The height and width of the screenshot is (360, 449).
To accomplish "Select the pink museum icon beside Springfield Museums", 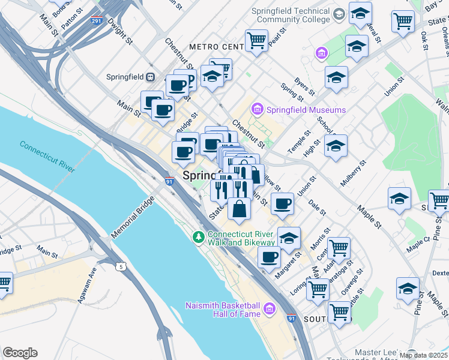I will click(x=258, y=110).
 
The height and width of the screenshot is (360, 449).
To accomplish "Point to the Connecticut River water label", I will click(x=47, y=156).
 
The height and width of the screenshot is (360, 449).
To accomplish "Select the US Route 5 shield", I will click(x=122, y=266).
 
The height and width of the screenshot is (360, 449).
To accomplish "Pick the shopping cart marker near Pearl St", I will click(x=256, y=41).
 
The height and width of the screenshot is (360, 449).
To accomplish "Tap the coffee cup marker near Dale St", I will click(x=282, y=203).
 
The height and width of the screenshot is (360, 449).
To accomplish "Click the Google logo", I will click(x=20, y=353).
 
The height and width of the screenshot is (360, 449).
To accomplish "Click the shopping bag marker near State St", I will click(x=239, y=209).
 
